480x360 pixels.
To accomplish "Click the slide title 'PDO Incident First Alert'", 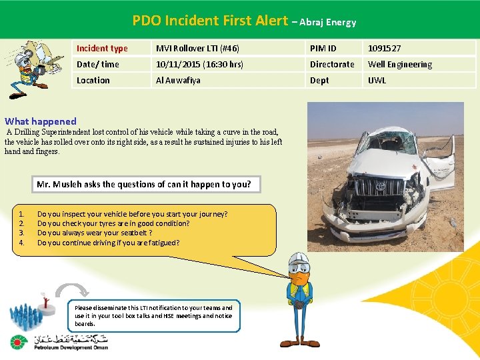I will coord(209,21).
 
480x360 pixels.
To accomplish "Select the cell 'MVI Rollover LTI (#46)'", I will coord(197,49).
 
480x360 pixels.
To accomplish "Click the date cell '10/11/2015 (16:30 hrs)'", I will coord(200,65).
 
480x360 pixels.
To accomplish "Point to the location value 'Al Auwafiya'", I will coord(178,81).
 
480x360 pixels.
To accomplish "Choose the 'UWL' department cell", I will coord(377,81).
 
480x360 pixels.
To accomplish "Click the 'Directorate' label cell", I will coord(332,65).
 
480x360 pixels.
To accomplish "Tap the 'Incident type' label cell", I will coord(102,49).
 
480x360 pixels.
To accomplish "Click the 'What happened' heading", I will coord(41,121).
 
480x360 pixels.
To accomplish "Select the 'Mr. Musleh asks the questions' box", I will coord(144,184).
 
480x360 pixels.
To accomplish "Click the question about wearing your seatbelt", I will coord(95,233).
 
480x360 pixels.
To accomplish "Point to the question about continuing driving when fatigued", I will coord(108,243).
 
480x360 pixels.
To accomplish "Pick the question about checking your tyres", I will coord(113,223).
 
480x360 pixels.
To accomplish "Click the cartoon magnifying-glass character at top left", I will coord(28,68).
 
